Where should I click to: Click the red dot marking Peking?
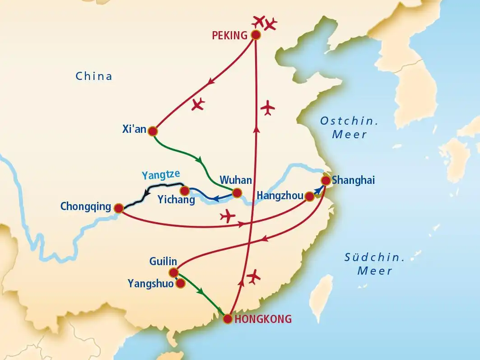click(256, 35)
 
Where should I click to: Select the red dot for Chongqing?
click(119, 208)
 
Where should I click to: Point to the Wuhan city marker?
click(237, 194)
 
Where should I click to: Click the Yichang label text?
click(177, 200)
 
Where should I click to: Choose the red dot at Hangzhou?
click(309, 196)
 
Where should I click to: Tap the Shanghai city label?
click(353, 181)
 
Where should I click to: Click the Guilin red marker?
click(173, 272)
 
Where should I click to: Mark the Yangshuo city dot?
click(180, 283)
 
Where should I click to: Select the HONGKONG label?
click(263, 319)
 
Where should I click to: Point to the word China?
click(94, 76)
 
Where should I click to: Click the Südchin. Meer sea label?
click(374, 264)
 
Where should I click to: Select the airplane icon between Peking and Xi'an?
click(198, 104)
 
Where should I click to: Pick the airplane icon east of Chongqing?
click(228, 216)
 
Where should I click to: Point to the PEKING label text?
click(231, 35)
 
